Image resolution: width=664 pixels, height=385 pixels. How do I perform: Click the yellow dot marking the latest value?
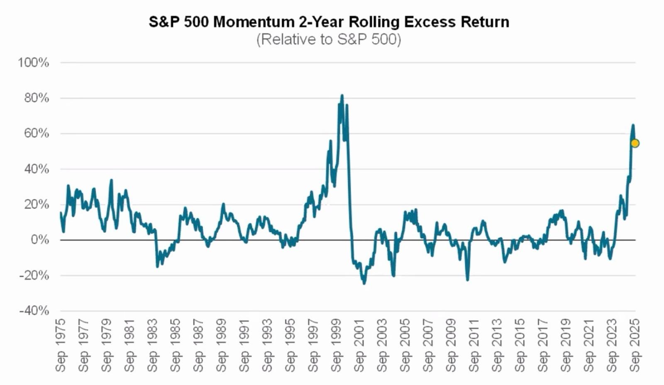click(x=635, y=144)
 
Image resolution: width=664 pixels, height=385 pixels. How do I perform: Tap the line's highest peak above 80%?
click(x=342, y=95)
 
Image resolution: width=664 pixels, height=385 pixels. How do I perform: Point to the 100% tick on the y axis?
click(x=33, y=63)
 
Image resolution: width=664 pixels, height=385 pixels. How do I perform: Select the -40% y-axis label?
click(x=34, y=311)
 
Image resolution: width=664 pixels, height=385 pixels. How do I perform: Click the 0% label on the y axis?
click(x=39, y=240)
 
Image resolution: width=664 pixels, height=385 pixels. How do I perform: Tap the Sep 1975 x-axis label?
click(x=61, y=345)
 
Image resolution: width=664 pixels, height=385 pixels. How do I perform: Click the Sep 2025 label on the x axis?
click(x=635, y=345)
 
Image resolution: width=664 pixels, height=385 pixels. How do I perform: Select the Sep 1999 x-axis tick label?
click(x=336, y=345)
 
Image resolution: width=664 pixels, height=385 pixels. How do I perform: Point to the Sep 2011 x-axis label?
click(x=474, y=345)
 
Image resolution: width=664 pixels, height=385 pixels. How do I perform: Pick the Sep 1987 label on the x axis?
click(x=198, y=345)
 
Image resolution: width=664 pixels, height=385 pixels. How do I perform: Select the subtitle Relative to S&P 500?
click(x=329, y=39)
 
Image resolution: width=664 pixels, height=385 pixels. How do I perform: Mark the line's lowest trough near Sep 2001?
click(x=364, y=283)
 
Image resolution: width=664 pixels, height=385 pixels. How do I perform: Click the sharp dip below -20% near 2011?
click(x=468, y=280)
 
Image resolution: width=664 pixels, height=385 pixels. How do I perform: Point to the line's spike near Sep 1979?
click(x=111, y=180)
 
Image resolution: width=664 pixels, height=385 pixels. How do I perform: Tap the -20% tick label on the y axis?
click(x=34, y=275)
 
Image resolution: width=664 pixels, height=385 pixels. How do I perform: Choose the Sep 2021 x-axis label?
click(x=589, y=345)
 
